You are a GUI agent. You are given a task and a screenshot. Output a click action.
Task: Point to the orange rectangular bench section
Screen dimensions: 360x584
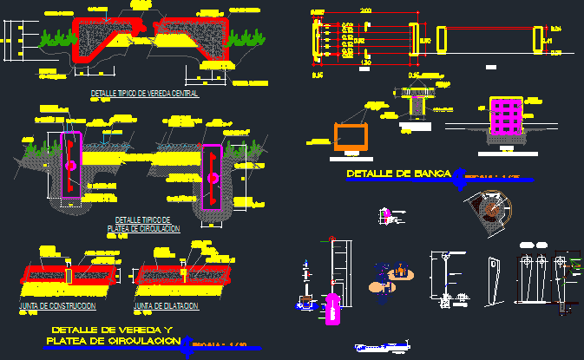tap(351, 137)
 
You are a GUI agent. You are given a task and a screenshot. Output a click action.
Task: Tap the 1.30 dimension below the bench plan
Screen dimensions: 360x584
tap(365, 65)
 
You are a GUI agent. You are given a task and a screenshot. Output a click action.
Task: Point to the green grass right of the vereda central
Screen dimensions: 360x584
tap(244, 36)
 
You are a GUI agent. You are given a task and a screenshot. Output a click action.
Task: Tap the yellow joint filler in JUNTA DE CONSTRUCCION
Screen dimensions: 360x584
tap(69, 274)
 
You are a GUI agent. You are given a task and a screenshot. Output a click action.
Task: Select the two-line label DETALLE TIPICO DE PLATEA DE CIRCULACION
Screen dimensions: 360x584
tap(144, 225)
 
